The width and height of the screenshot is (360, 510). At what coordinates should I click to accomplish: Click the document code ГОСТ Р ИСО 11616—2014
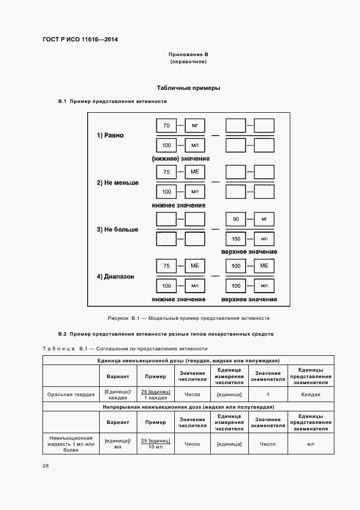(x=80, y=39)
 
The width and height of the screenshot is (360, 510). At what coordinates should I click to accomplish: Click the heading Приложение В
(x=188, y=55)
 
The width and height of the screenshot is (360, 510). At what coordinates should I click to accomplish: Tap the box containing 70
(x=166, y=126)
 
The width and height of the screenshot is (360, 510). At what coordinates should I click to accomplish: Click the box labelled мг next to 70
(x=194, y=126)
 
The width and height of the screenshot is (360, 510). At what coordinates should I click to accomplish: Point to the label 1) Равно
(x=111, y=135)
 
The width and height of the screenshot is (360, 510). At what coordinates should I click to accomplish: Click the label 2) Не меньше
(x=118, y=183)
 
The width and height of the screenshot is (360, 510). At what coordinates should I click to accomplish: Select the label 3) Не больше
(x=118, y=229)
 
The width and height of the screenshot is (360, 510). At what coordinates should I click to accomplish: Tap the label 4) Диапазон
(x=115, y=277)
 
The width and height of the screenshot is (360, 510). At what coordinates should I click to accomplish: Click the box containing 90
(x=236, y=220)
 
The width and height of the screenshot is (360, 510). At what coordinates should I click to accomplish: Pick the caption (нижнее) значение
(x=180, y=158)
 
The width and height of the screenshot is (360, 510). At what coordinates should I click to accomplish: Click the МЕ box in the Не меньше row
(x=194, y=172)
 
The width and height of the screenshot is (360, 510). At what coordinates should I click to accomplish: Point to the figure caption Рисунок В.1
(x=188, y=318)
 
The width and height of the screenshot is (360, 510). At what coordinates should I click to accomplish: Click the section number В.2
(x=62, y=333)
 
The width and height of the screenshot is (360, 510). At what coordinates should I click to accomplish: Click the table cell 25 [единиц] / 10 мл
(x=156, y=444)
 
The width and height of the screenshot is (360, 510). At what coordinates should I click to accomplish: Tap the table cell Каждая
(x=311, y=394)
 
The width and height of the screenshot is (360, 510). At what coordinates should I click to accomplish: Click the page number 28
(x=46, y=466)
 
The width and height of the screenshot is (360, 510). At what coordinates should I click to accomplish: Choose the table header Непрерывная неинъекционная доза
(x=188, y=407)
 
